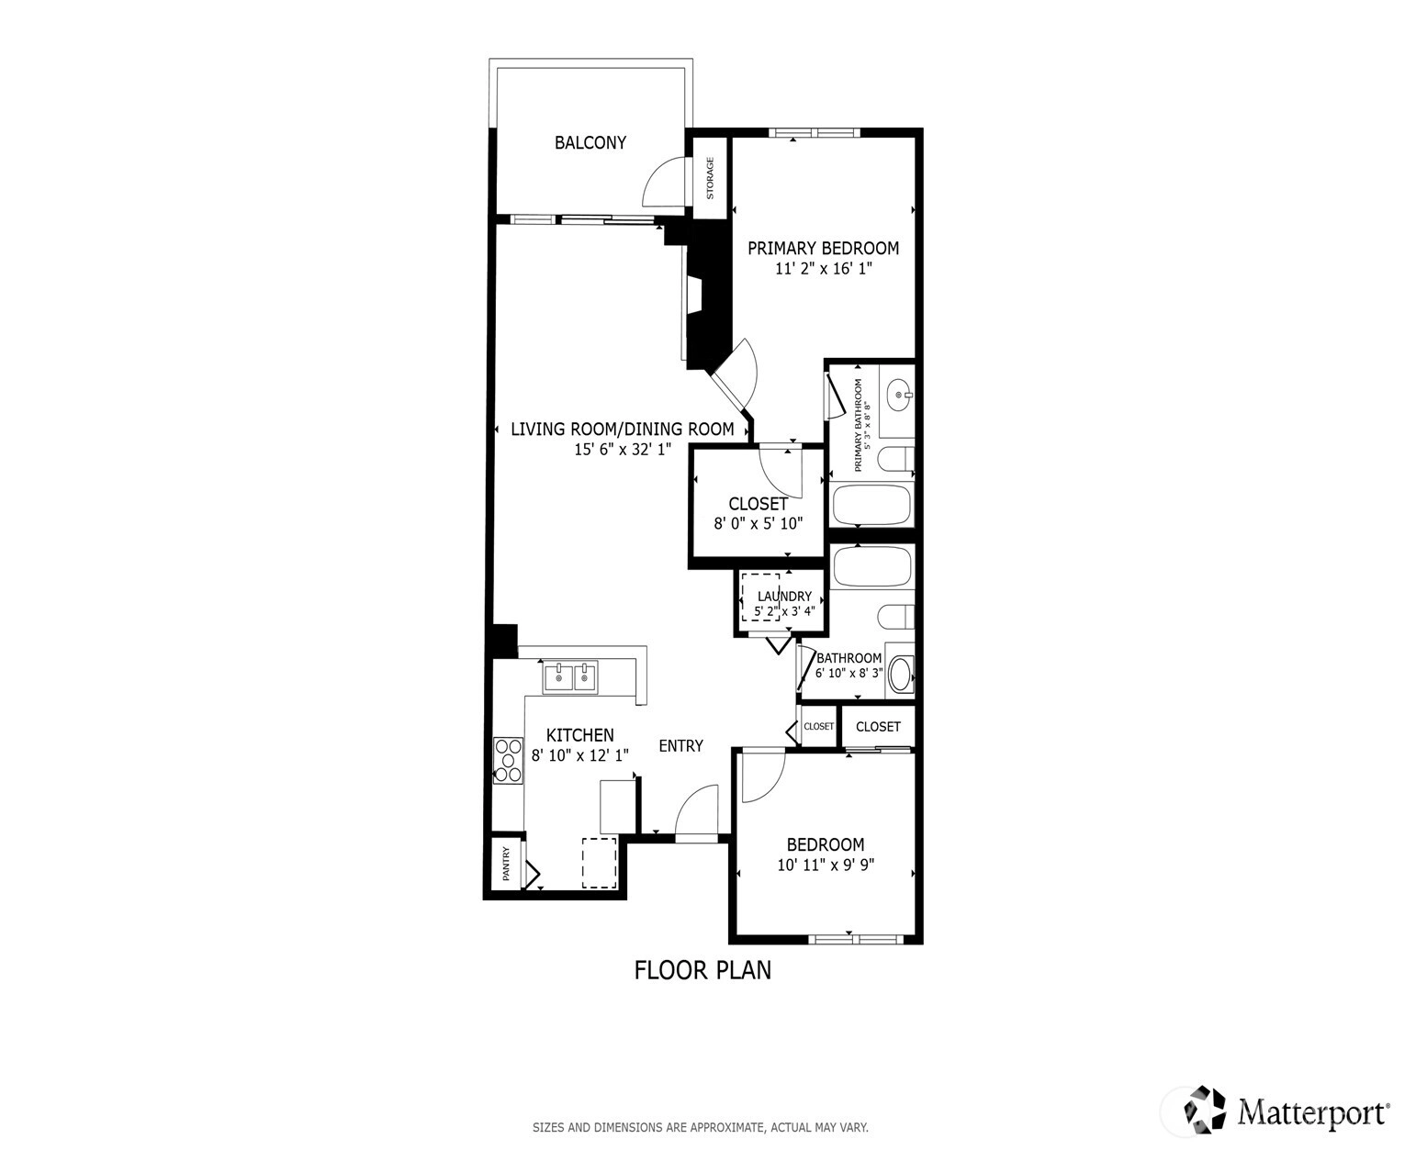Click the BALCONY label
tap(590, 142)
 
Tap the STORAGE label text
tap(710, 178)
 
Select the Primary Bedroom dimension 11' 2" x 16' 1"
tap(824, 268)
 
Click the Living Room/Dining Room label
tap(623, 429)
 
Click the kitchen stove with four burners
tap(508, 761)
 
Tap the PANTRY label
tap(506, 863)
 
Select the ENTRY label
tap(680, 746)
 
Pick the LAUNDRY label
tap(784, 596)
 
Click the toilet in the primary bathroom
tap(895, 459)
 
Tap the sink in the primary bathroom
tap(901, 395)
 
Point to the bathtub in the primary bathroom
tap(871, 506)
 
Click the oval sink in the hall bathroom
tap(902, 675)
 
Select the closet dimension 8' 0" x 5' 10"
tap(759, 523)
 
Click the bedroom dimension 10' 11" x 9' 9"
tap(826, 865)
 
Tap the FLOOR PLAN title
tap(702, 970)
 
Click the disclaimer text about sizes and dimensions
tap(700, 1127)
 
